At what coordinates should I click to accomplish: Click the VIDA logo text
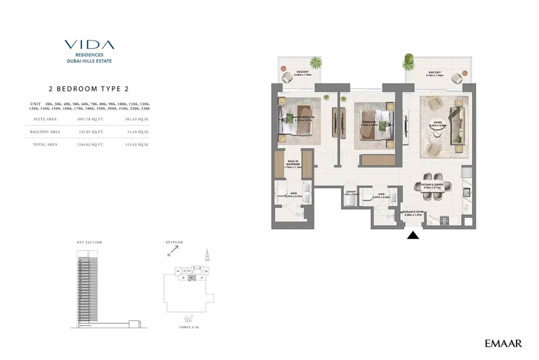point(89,44)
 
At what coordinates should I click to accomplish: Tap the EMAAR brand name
point(503,344)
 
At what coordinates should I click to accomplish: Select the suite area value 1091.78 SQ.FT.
point(90,119)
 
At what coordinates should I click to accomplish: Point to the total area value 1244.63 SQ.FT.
point(90,145)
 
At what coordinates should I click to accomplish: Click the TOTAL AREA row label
point(45,145)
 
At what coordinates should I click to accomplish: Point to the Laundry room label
point(350,193)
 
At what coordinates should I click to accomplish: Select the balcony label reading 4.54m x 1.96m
point(434,74)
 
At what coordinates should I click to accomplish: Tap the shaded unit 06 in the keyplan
point(191,278)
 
